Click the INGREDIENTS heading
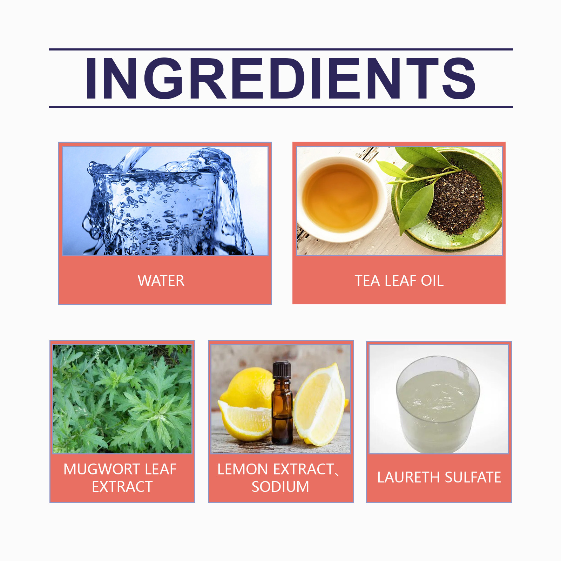pos(280,78)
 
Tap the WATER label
pos(161,280)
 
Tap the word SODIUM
pos(280,487)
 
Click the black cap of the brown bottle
pos(282,370)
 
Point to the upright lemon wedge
pos(320,405)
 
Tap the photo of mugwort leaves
pos(122,399)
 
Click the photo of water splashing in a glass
pos(165,201)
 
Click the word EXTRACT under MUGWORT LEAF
pos(122,487)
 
